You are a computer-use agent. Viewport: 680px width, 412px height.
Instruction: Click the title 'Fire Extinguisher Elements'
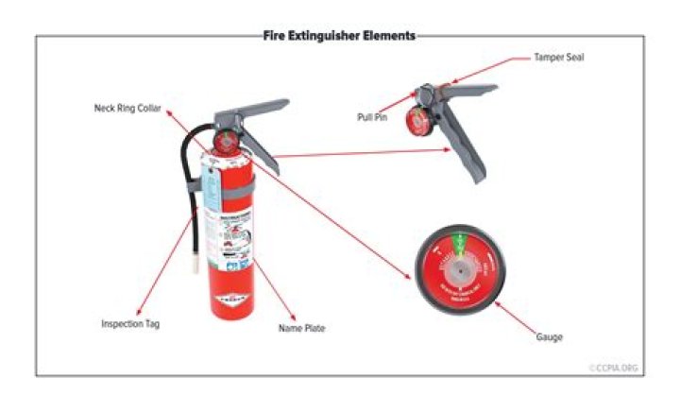point(339,36)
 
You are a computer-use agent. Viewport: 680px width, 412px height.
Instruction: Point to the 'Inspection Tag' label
point(130,324)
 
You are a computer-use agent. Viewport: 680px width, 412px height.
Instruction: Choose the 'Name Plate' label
point(302,329)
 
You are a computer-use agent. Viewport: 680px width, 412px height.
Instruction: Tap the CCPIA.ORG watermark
point(617,368)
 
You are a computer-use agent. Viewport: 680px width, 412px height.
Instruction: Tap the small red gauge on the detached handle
point(417,119)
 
